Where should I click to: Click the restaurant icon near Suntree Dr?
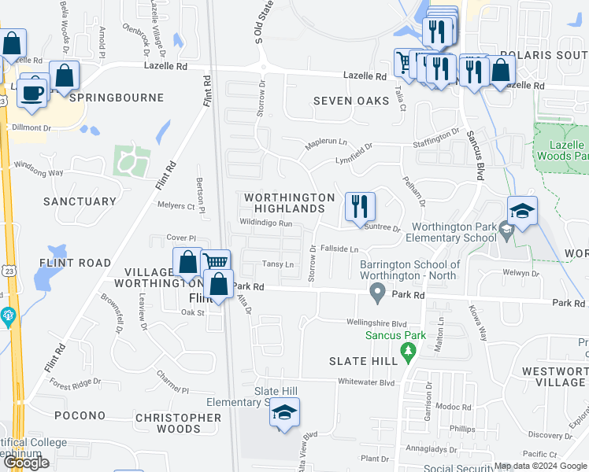[361, 208]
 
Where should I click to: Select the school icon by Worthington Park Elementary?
[522, 211]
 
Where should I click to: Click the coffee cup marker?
[31, 92]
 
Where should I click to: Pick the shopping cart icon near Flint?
[216, 262]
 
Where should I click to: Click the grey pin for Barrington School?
[378, 294]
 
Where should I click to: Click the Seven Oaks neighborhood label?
[351, 101]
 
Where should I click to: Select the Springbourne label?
[117, 98]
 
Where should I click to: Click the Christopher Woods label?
[178, 423]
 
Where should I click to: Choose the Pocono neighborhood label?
[80, 415]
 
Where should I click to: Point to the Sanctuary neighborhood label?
[80, 201]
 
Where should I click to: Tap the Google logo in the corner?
[26, 462]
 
